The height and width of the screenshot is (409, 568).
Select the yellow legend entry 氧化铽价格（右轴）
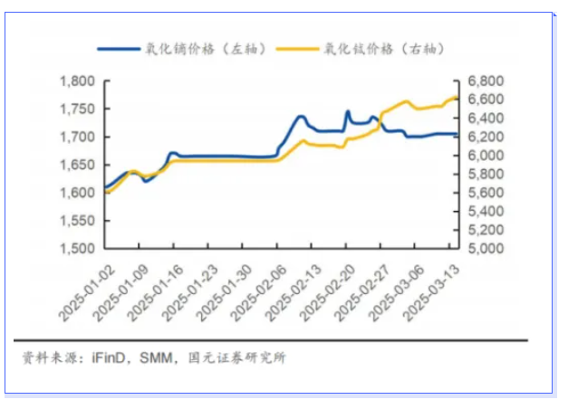pos(380,50)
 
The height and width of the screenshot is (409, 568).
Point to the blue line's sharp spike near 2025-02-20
pos(348,112)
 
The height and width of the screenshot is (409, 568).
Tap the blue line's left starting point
pos(105,187)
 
